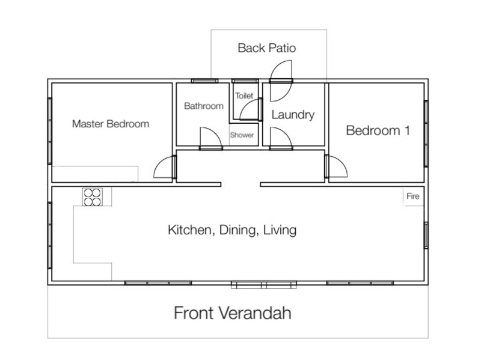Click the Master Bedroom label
coord(111,124)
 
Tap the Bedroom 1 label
coord(378,130)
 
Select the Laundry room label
coord(293,115)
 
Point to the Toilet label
coord(244,96)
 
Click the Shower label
coord(242,135)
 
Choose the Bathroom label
coord(204,106)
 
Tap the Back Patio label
coord(266,48)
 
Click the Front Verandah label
coord(233,313)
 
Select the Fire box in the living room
coord(413,197)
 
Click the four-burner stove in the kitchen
coord(92,197)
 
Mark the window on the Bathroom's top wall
coord(204,81)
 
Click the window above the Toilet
coord(245,81)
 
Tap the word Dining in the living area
coord(237,230)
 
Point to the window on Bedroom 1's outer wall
coord(426,133)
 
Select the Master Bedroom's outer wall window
coord(50,131)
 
